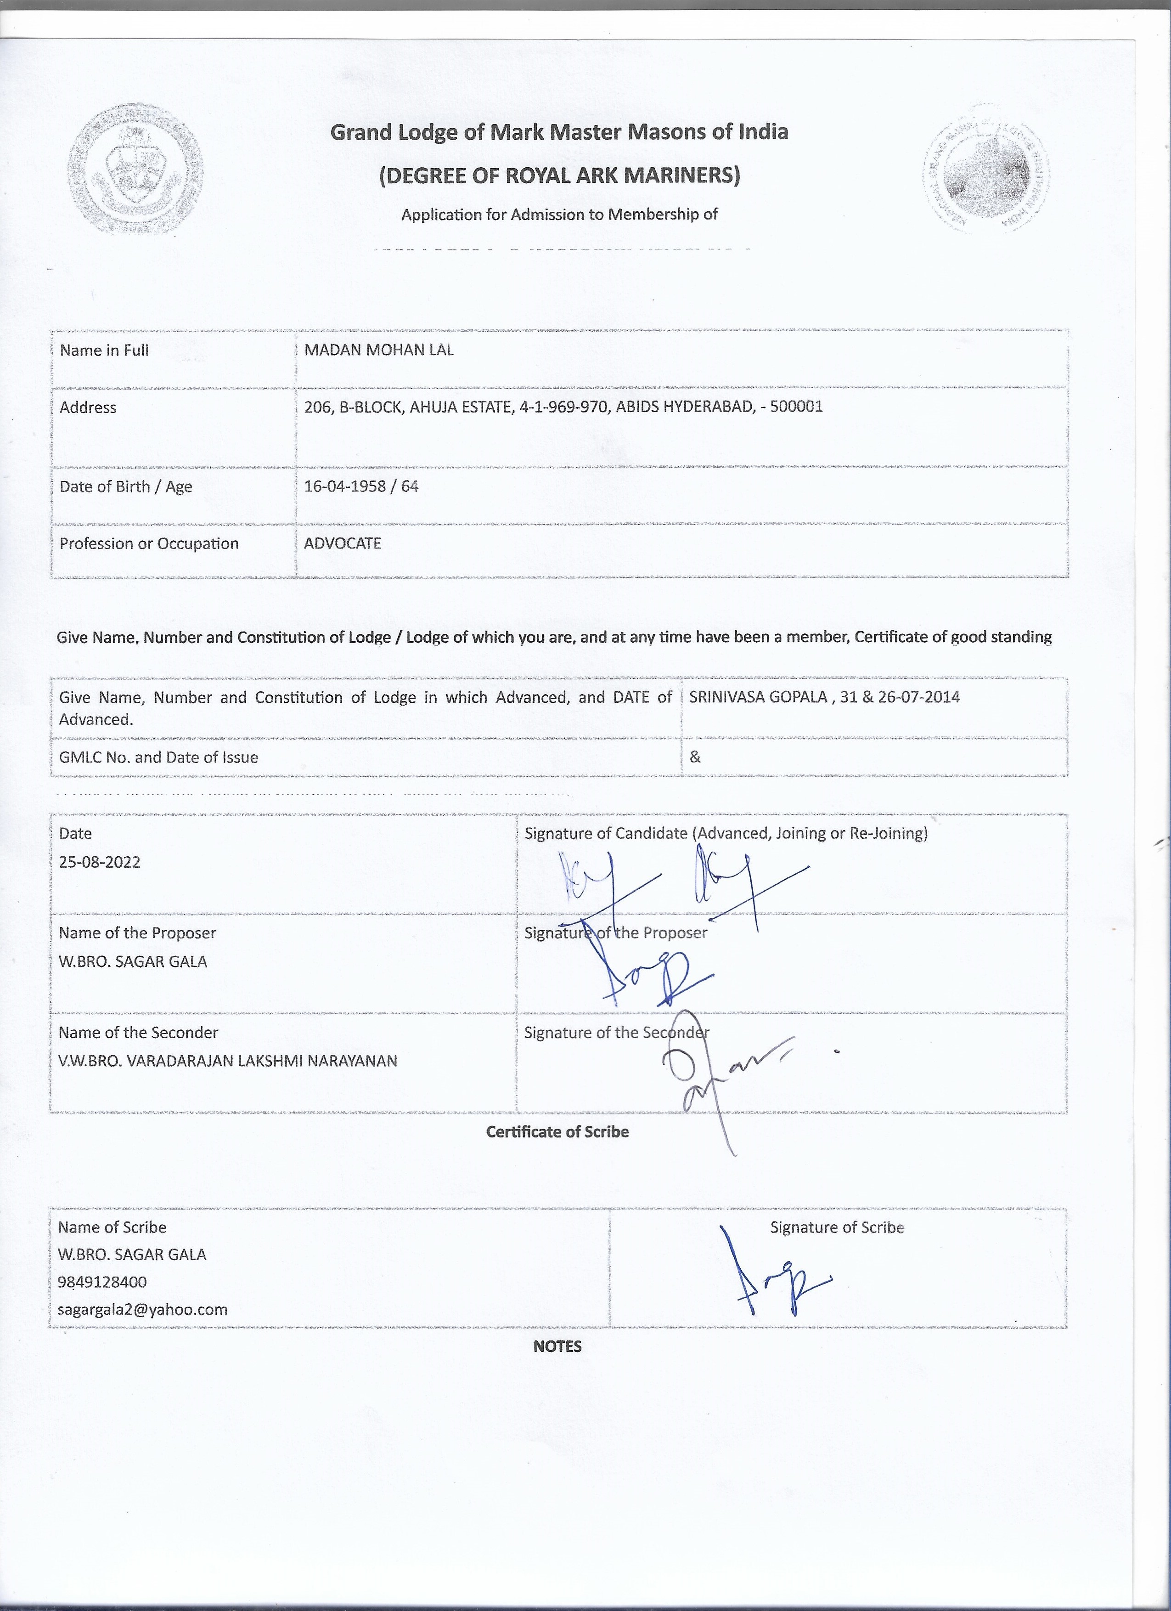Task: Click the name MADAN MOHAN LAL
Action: (x=378, y=350)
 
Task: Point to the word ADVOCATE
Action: (x=342, y=543)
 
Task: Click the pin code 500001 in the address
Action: (x=796, y=407)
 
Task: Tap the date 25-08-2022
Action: (x=99, y=862)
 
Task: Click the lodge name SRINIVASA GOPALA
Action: (x=757, y=697)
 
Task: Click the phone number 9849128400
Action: (x=102, y=1282)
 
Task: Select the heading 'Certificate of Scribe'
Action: (x=557, y=1131)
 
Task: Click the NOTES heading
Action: (x=557, y=1346)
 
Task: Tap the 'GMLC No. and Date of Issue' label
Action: (x=158, y=757)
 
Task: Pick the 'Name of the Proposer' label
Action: (x=137, y=933)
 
